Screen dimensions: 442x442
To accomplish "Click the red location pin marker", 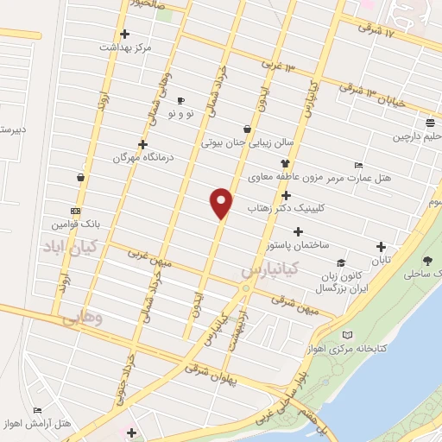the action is tap(222, 202).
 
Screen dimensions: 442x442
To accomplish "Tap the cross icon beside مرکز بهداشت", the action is tap(125, 35).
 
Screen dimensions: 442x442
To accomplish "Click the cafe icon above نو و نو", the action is tap(180, 100).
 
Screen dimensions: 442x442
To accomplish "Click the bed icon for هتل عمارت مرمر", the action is tap(358, 165).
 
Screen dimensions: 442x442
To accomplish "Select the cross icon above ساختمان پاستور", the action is tap(299, 231).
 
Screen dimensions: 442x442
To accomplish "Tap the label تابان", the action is tap(381, 260).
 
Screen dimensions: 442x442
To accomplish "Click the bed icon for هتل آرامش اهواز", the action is tap(37, 411).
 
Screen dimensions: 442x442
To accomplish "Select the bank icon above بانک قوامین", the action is tap(76, 210).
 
